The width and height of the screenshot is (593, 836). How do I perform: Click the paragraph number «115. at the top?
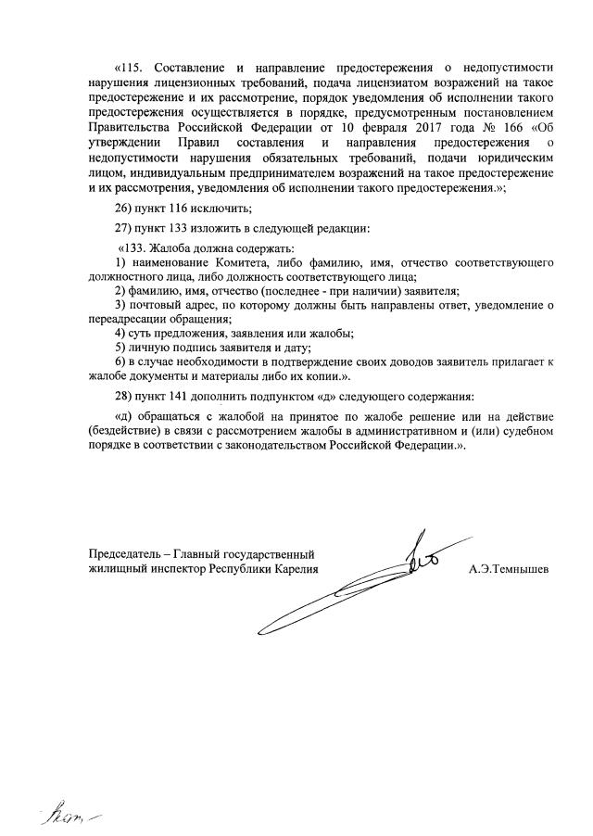130,68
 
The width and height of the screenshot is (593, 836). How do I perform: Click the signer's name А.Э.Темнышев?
509,568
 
